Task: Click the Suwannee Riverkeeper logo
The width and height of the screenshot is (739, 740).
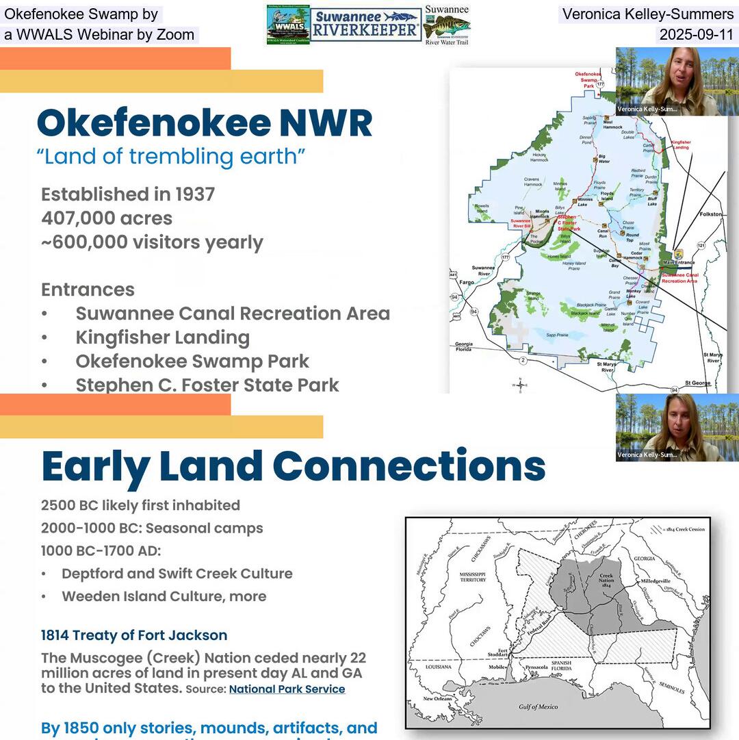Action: coord(365,25)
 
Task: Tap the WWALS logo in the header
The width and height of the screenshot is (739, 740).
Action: coord(287,25)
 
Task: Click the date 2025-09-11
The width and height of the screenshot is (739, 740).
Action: coord(696,35)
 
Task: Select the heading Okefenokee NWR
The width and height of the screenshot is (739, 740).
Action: coord(205,123)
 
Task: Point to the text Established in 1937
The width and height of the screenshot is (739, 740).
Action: coord(128,194)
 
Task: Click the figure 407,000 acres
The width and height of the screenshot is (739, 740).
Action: coord(107,218)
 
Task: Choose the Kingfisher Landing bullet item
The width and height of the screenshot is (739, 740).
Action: coord(162,337)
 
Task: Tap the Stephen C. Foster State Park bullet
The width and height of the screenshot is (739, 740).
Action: coord(207,385)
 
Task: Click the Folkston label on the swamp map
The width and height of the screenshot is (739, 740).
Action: coord(711,214)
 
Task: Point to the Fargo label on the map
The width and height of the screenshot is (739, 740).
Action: coord(467,282)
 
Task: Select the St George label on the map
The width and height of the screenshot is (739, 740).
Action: coord(698,383)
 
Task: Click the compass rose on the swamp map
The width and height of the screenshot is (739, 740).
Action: coord(519,385)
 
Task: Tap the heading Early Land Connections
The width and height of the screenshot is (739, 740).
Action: coord(293,466)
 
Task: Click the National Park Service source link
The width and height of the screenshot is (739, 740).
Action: coord(287,689)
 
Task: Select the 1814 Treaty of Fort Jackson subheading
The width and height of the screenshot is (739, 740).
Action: coord(134,635)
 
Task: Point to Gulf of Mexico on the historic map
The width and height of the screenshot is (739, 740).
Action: coord(538,706)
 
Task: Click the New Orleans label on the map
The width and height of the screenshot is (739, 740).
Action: coord(438,699)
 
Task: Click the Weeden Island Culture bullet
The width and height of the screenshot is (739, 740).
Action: coord(164,596)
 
